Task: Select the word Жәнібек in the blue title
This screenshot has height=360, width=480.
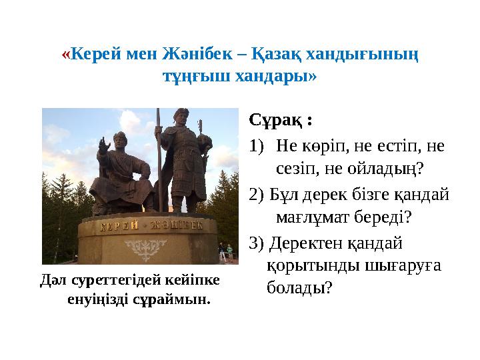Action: point(197,54)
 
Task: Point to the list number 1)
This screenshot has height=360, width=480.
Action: point(257,145)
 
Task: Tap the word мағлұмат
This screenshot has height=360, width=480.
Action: point(313,217)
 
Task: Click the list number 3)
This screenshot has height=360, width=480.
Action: point(257,243)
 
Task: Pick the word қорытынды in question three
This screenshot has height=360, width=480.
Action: point(313,266)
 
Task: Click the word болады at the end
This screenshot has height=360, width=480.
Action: point(299,287)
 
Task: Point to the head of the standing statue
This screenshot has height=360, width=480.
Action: point(181,117)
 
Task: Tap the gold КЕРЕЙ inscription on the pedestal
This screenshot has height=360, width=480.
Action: point(119,227)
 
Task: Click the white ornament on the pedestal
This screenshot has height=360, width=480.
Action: point(145,249)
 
